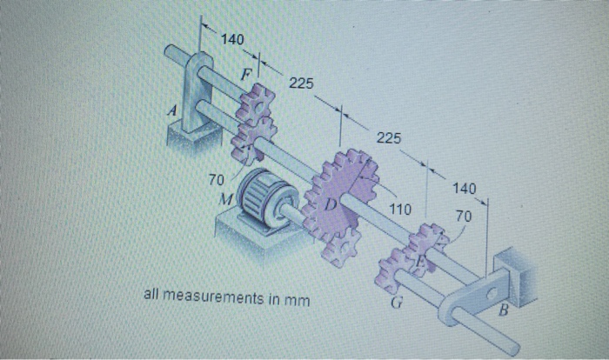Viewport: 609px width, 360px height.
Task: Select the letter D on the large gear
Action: (331, 204)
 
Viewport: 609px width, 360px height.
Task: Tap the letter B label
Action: (503, 310)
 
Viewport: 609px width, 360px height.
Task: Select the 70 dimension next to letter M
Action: (217, 179)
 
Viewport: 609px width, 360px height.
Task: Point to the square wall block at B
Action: (510, 270)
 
